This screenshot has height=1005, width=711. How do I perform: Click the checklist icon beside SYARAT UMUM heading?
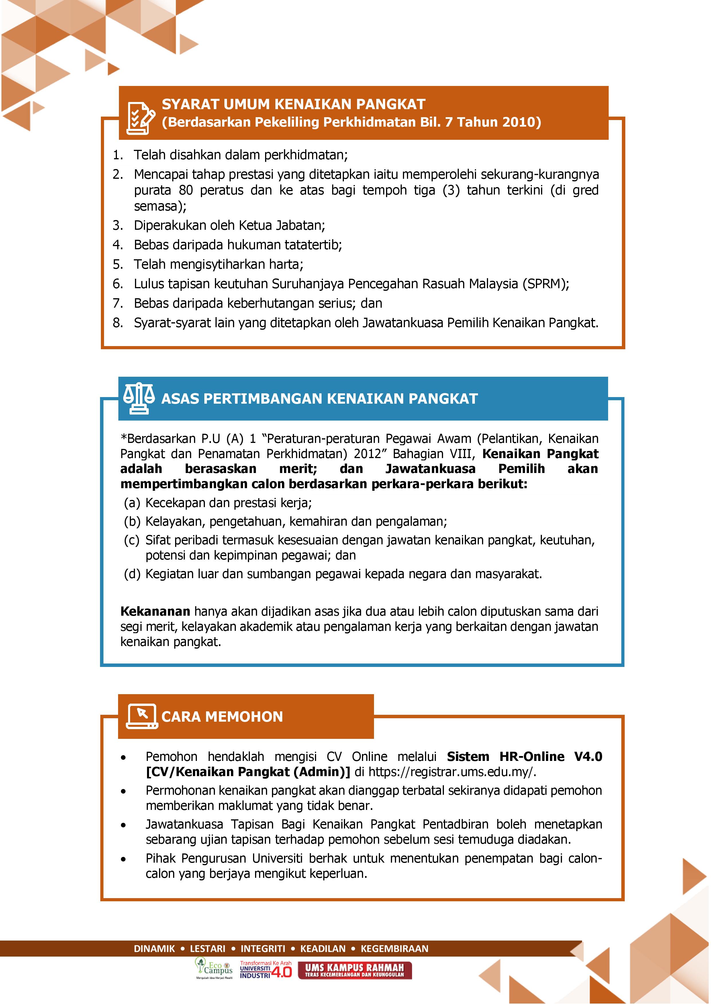pyautogui.click(x=140, y=117)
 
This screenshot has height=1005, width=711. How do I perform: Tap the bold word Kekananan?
pyautogui.click(x=155, y=611)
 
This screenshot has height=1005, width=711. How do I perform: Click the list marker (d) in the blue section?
pyautogui.click(x=132, y=574)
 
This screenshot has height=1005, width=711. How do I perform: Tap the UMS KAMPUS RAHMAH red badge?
pyautogui.click(x=354, y=970)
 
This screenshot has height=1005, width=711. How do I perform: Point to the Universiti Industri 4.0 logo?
pyautogui.click(x=265, y=969)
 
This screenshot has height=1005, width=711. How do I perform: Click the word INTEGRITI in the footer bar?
pyautogui.click(x=263, y=949)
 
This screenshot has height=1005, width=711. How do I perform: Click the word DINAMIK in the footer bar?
pyautogui.click(x=154, y=949)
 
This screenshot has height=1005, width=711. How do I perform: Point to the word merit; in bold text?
pyautogui.click(x=298, y=469)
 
